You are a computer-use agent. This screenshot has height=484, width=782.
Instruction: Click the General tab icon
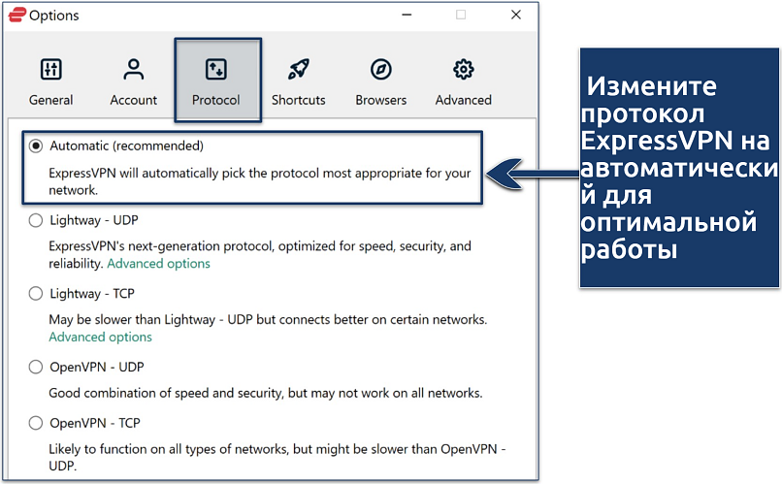(50, 69)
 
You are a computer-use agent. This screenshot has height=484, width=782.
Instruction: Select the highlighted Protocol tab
(217, 80)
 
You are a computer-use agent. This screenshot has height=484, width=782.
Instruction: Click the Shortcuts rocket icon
(299, 69)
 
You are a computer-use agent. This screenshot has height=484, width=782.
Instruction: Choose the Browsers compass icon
(381, 69)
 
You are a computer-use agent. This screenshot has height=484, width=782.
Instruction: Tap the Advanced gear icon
(464, 69)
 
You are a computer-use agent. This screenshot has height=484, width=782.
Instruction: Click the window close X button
(516, 15)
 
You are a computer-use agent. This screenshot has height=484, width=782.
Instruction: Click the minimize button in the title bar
(407, 15)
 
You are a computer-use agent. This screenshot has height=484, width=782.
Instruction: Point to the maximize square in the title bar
(461, 15)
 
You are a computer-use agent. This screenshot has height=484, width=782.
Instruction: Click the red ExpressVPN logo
(16, 15)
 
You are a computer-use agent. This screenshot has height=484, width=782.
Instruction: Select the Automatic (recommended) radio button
(35, 146)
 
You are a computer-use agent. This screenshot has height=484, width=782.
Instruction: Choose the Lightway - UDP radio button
(35, 220)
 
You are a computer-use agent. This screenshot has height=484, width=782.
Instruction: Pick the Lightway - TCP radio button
(35, 294)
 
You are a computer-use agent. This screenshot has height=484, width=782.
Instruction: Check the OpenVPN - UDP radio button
(35, 368)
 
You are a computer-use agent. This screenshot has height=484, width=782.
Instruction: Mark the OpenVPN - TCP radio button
(35, 423)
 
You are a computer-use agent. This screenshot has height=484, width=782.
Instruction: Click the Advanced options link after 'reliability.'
(158, 264)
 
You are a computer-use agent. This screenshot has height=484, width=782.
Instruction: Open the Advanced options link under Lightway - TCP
(100, 338)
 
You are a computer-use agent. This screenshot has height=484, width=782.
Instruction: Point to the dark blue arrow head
(505, 174)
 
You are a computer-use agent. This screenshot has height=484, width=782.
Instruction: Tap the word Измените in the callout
(651, 86)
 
